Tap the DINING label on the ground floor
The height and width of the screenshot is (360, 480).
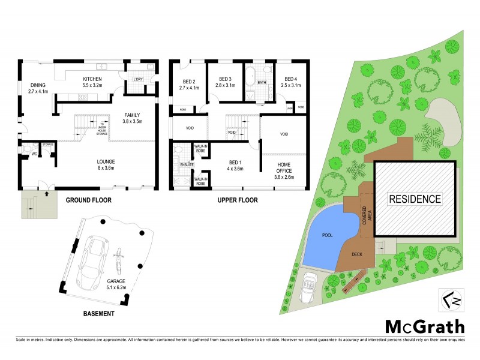pos(38,85)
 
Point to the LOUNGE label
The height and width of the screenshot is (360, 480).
pos(107,161)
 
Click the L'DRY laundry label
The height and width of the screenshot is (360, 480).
pos(138,79)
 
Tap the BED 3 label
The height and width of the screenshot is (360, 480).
pos(225,79)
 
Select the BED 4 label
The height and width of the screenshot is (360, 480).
pos(290,79)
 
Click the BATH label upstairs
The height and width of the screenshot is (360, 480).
pos(262,83)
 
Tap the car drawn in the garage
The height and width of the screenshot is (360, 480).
pos(94,261)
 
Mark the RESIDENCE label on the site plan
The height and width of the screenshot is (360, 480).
pos(414,199)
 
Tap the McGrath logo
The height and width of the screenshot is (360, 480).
pos(424,326)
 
